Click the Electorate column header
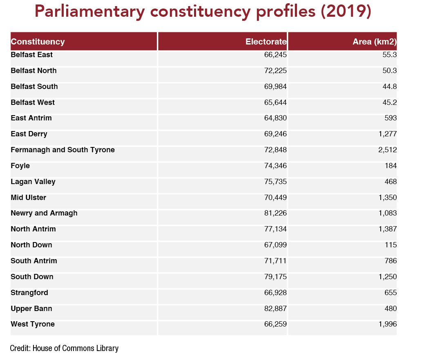(x=266, y=42)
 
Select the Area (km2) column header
(x=375, y=42)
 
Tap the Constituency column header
(x=38, y=42)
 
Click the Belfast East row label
(x=31, y=55)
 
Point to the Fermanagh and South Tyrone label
(x=62, y=150)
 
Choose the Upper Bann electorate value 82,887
(x=275, y=309)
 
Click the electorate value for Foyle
(x=275, y=166)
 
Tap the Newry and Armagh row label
(x=44, y=213)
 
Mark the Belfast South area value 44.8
(x=390, y=87)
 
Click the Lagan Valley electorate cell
(x=275, y=182)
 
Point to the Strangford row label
(x=29, y=293)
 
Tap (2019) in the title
(x=346, y=11)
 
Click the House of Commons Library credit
(x=64, y=348)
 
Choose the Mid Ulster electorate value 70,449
(x=275, y=198)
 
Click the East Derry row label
(x=29, y=134)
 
